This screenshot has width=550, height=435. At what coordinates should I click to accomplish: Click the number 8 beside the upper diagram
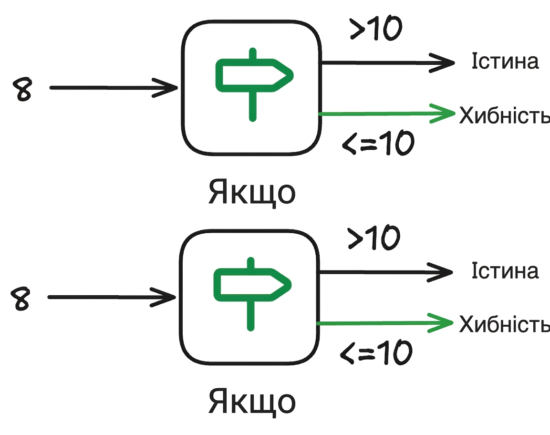(x=22, y=89)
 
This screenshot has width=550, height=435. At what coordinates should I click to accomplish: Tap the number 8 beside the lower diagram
(x=21, y=298)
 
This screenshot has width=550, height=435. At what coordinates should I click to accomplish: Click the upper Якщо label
(x=252, y=193)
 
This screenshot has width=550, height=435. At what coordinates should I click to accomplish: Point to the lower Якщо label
(x=252, y=402)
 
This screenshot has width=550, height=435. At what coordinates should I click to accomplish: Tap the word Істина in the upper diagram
(x=505, y=61)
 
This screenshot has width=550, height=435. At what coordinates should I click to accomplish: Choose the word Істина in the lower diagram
(x=505, y=270)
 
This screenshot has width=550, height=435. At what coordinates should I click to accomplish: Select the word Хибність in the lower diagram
(x=504, y=324)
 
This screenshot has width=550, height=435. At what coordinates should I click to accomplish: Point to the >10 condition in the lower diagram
(x=374, y=237)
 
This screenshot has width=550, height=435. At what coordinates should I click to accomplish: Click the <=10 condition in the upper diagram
(x=378, y=143)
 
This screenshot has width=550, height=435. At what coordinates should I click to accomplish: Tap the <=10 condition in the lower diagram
(x=376, y=352)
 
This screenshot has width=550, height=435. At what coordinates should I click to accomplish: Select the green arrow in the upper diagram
(x=387, y=114)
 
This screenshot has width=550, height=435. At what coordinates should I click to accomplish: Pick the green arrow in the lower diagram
(x=385, y=323)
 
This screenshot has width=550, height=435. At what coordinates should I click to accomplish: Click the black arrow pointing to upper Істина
(x=388, y=63)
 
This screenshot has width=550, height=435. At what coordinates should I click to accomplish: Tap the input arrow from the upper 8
(x=114, y=88)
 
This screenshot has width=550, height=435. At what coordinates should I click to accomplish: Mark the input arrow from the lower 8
(x=112, y=297)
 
